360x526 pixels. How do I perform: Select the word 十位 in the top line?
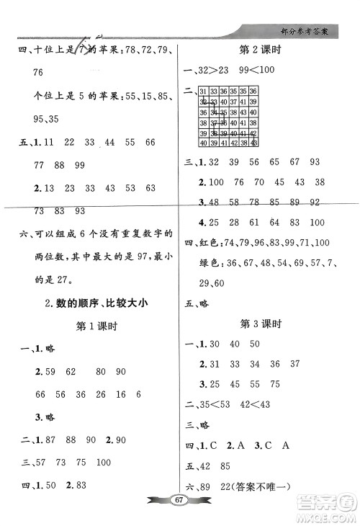click(36, 50)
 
